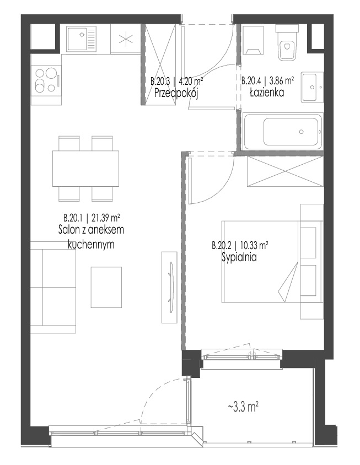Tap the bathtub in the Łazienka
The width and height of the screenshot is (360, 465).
pyautogui.click(x=283, y=132)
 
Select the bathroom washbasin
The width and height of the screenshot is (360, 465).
pyautogui.click(x=312, y=87)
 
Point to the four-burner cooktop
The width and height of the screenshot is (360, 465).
pyautogui.click(x=46, y=80)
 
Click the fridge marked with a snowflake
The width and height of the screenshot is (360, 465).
pyautogui.click(x=125, y=39)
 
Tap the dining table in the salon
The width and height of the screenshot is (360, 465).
pyautogui.click(x=86, y=169)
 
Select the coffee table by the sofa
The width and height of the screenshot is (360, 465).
pyautogui.click(x=106, y=287)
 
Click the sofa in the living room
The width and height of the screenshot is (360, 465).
pyautogui.click(x=53, y=287)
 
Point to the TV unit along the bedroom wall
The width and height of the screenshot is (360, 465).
pyautogui.click(x=169, y=287)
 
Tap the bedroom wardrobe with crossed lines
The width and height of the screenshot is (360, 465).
pyautogui.click(x=285, y=171)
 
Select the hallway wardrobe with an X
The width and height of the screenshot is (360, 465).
pyautogui.click(x=160, y=64)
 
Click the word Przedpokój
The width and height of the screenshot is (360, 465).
pyautogui.click(x=176, y=94)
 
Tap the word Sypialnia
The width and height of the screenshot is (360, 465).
pyautogui.click(x=239, y=258)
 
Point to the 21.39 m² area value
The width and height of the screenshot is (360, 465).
pyautogui.click(x=106, y=218)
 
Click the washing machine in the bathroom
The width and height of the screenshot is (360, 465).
pyautogui.click(x=253, y=40)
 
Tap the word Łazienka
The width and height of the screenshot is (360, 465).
pyautogui.click(x=266, y=93)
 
